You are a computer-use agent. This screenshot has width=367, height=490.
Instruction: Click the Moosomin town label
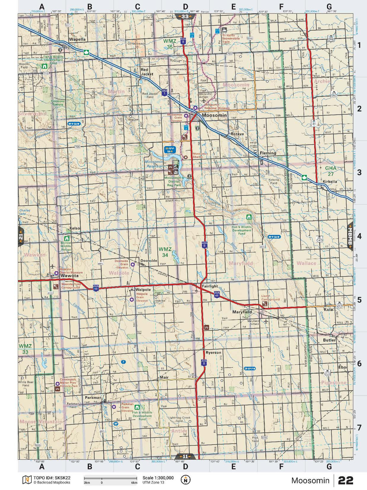point(214,115)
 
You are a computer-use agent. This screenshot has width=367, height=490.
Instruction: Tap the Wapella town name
point(77,39)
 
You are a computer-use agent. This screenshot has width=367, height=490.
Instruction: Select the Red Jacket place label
point(147,72)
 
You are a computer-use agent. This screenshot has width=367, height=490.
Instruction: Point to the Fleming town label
point(268,153)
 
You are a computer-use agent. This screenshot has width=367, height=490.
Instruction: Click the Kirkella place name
point(330,182)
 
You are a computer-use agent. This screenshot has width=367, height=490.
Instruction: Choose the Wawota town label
point(69,276)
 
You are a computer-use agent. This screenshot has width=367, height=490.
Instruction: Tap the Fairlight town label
point(210,286)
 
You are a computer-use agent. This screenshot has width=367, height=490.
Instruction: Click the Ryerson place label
point(213,353)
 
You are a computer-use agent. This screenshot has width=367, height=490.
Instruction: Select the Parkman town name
point(93,398)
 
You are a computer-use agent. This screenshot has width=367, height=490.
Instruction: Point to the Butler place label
point(329,340)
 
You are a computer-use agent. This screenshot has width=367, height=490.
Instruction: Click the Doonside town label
point(149,260)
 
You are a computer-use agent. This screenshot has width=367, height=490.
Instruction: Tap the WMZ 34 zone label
point(165,252)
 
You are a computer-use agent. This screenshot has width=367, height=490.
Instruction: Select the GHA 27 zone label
point(331,171)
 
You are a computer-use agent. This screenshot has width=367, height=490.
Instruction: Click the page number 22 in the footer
point(346,480)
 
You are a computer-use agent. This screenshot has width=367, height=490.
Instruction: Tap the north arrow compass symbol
point(185,480)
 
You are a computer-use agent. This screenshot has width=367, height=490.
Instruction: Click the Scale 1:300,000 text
point(158,478)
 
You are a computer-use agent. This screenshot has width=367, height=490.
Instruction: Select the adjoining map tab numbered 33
point(185,16)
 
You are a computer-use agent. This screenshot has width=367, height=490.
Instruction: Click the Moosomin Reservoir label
point(154,164)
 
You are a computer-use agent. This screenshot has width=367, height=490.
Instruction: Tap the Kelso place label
point(75,228)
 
